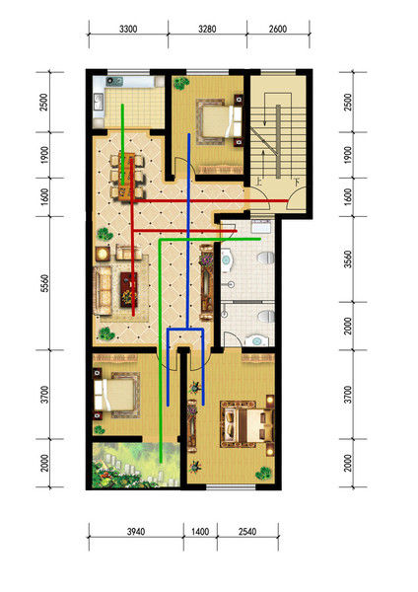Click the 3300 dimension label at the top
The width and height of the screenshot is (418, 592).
click(x=128, y=29)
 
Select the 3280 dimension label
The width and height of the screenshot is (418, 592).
click(x=207, y=29)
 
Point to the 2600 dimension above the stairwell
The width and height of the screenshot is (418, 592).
click(x=278, y=29)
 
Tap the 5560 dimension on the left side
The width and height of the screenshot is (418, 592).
click(x=45, y=283)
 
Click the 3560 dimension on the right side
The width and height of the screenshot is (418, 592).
click(x=348, y=259)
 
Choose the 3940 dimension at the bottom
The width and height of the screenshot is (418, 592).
click(x=136, y=532)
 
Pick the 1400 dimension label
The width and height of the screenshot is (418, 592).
click(x=200, y=532)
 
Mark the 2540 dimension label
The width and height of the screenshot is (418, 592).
click(x=247, y=532)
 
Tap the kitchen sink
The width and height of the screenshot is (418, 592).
click(x=99, y=102)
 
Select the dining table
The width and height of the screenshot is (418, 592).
click(x=127, y=176)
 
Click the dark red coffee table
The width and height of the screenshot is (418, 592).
click(x=128, y=289)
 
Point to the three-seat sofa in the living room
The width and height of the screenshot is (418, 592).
click(x=103, y=290)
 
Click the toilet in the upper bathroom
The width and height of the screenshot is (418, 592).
click(x=265, y=258)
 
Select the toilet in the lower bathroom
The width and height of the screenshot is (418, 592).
click(x=266, y=316)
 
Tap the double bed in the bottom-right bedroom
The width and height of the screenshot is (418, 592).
click(x=247, y=424)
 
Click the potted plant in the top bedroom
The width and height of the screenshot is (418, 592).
click(x=181, y=83)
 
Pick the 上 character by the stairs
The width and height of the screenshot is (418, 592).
click(x=259, y=182)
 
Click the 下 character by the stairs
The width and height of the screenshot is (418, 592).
click(x=298, y=182)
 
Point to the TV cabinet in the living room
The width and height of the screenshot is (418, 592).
click(x=206, y=282)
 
